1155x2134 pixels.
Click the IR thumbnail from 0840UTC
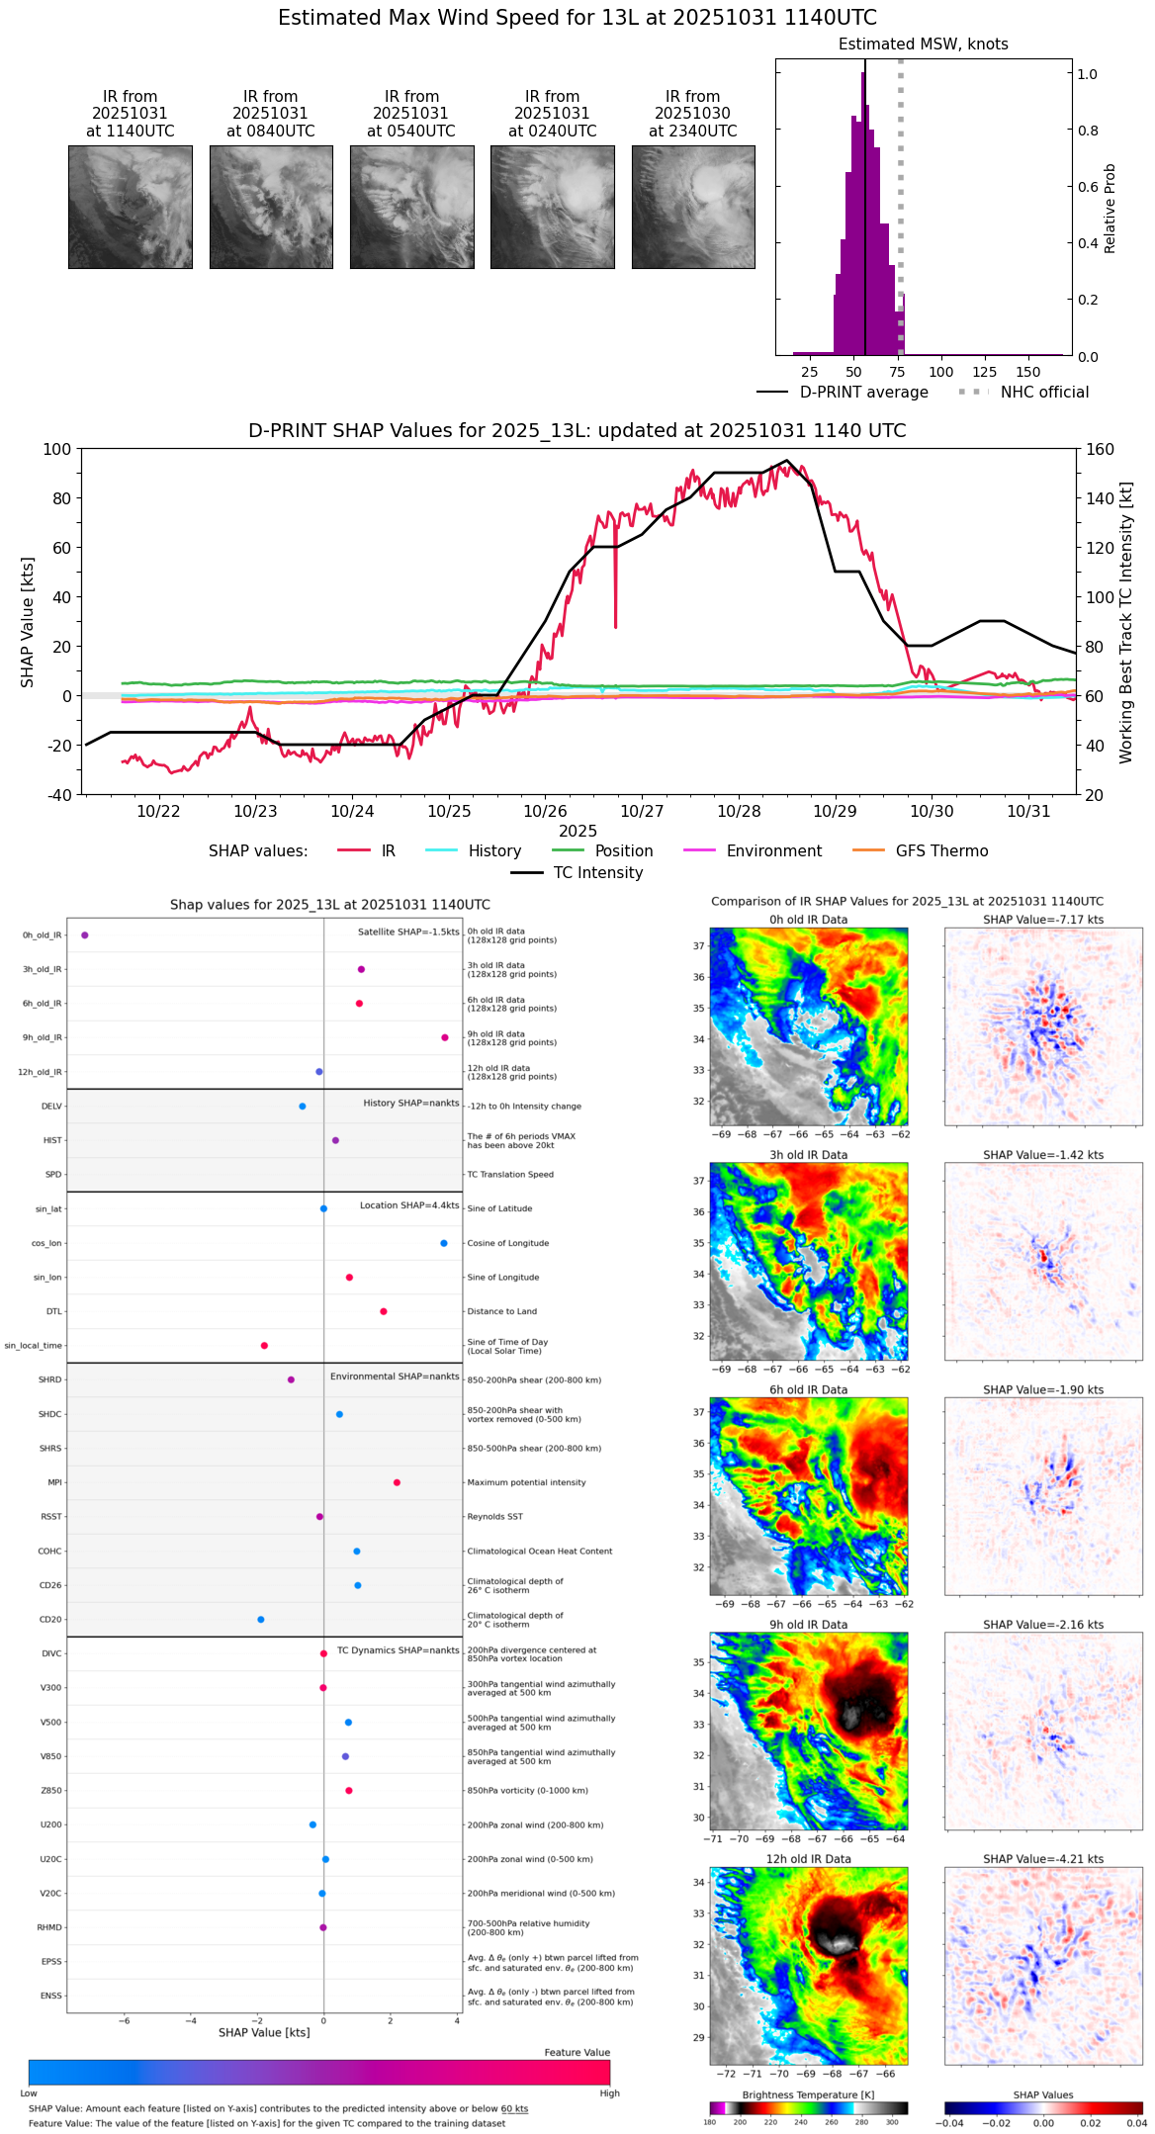coord(271,207)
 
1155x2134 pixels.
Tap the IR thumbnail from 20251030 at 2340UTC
coord(693,207)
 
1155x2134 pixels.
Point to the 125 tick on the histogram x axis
coord(984,372)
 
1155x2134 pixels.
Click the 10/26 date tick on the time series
coord(545,811)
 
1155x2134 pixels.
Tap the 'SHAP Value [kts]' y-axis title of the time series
coord(28,622)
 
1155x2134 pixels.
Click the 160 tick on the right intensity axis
coord(1100,449)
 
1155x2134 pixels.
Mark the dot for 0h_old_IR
coord(85,934)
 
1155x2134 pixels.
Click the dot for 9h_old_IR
coord(445,1037)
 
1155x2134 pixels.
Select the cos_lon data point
coord(444,1243)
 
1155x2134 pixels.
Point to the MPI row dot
coord(397,1482)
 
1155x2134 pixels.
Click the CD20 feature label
coord(49,1620)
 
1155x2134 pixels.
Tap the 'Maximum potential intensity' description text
coord(526,1482)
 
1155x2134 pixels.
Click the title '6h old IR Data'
coord(808,1389)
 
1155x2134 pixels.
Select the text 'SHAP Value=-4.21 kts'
coord(1043,1859)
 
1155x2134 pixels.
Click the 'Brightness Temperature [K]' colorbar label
coord(808,2094)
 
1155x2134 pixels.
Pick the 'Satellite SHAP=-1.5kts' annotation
coord(408,932)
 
